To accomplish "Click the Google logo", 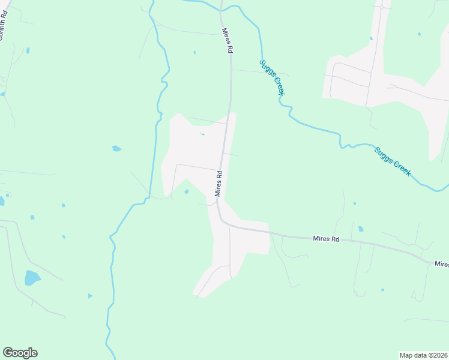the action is (20, 353).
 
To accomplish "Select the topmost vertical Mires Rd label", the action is (226, 41).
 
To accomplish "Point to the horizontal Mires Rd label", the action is (326, 239).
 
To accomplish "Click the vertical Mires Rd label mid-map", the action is (219, 184).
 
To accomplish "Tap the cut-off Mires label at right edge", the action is (441, 264).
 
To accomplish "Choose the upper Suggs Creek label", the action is (272, 77).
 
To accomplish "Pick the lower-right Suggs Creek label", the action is (393, 161).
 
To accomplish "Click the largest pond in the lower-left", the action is (32, 278).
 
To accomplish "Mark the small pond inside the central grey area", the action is (202, 134).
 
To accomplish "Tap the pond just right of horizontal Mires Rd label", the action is (360, 229).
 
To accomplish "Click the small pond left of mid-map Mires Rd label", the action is (187, 192).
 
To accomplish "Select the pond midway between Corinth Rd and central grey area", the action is (116, 148).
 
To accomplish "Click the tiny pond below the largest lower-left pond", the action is (90, 296).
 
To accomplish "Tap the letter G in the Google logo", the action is (8, 353).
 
